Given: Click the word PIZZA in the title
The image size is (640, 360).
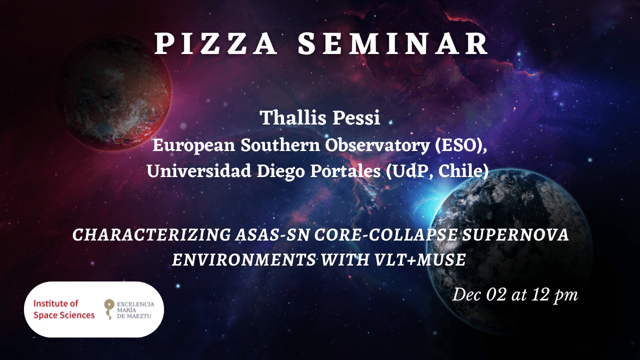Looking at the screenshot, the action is coord(216,43).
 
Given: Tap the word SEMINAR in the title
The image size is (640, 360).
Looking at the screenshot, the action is coord(393,43).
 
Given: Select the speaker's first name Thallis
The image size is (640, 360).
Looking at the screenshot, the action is coord(292,117).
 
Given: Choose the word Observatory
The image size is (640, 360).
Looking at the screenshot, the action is coord(377,145).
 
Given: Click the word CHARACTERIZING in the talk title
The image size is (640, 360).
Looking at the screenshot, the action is coord(151,235).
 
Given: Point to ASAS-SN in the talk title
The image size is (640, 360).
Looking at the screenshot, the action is coord(272,235).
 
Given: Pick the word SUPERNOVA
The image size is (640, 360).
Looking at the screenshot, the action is coord(515,235).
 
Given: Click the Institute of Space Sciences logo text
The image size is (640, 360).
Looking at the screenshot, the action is coord(64,309).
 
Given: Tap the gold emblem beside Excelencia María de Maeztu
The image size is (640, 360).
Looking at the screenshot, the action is coord(109,309).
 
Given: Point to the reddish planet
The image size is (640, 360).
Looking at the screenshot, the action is coord(112,92).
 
